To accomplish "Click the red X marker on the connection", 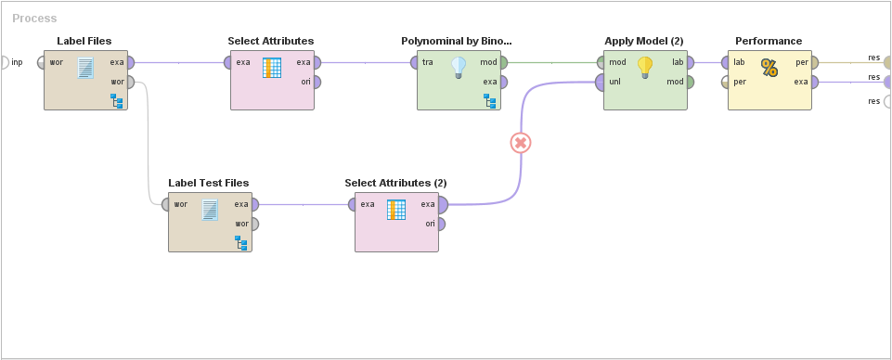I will (521, 143).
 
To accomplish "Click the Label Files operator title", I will (84, 41).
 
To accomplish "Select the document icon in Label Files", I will (85, 68).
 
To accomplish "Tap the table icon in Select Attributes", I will (272, 68).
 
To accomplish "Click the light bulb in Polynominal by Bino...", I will (458, 67).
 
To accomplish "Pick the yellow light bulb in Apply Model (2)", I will (645, 67).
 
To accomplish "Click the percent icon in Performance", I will (769, 67).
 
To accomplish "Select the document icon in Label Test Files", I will (210, 209).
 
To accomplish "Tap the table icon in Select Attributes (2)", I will (396, 209).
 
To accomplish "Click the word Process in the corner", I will (34, 19).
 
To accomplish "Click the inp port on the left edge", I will (4, 62).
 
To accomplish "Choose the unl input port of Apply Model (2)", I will (600, 82).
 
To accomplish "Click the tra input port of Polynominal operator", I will (414, 63).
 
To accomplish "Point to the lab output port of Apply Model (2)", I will (692, 63).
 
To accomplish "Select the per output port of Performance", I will (814, 63).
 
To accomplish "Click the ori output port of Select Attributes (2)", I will (443, 224).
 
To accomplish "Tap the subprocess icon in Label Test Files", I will (241, 242).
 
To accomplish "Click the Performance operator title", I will (769, 41).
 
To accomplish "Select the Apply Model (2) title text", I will (644, 41).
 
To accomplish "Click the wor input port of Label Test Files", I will (165, 204).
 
